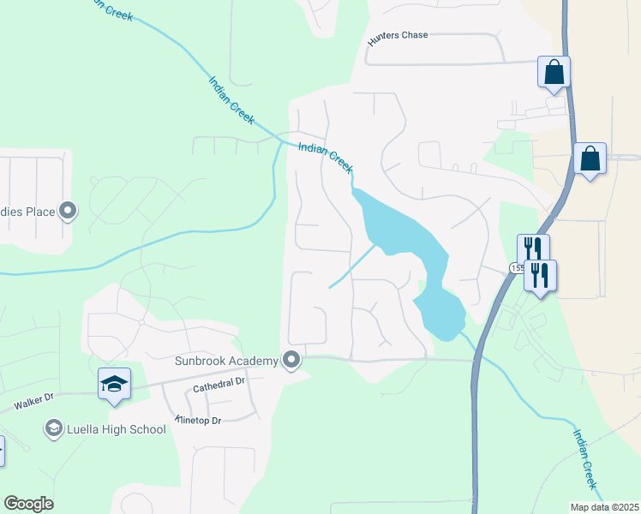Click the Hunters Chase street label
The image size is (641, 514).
pos(397,36)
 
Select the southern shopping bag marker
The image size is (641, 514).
pos(590,158)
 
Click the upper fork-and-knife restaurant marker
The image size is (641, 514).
pos(533,249)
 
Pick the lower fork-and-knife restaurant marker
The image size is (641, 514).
pos(540,276)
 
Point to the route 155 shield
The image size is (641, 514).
pos(516,268)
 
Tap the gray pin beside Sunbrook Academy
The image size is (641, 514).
pos(292,361)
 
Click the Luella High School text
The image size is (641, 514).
pos(117,429)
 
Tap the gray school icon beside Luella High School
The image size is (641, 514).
pos(53,427)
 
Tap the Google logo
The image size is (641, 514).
pos(28,504)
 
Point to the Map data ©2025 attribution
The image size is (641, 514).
pos(604,507)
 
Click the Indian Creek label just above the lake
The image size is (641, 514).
pos(326,157)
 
